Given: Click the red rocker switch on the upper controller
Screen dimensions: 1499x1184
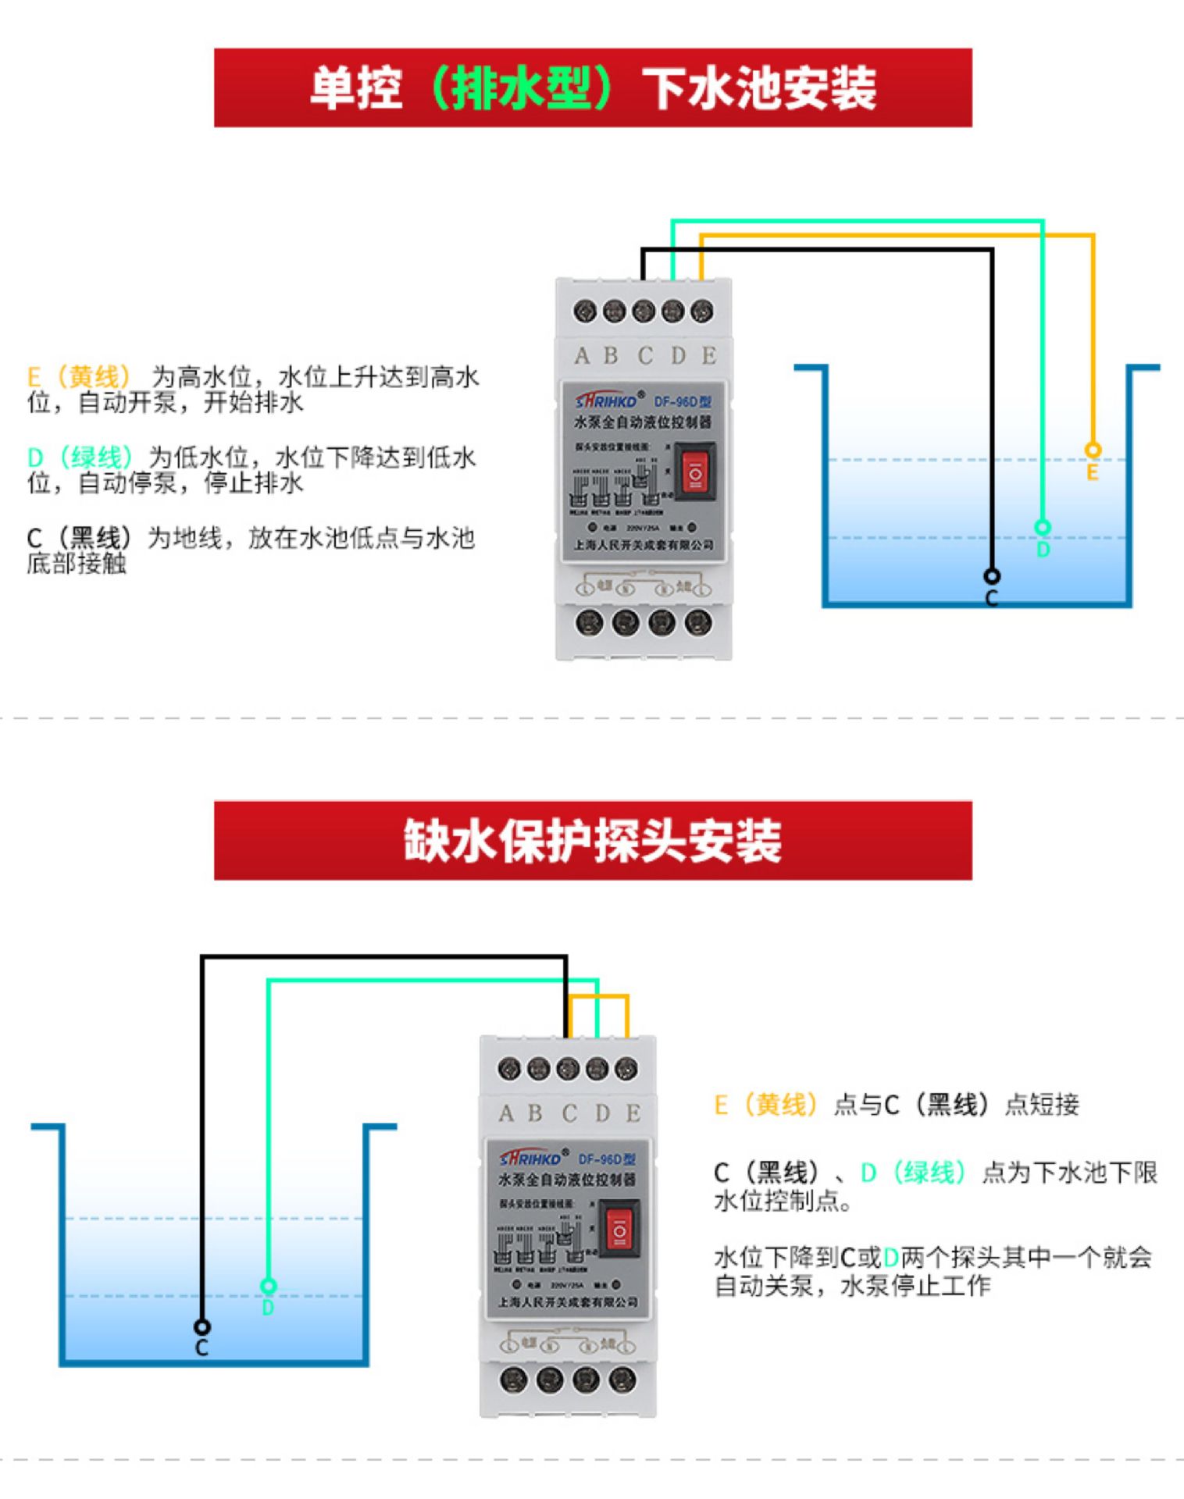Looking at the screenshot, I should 694,471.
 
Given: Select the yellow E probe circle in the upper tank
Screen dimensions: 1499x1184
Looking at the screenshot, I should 1093,450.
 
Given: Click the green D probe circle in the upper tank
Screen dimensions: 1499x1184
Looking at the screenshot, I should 1042,527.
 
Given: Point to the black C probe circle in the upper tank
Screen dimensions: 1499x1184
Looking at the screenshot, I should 991,576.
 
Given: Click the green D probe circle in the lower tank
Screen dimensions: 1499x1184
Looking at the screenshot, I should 268,1285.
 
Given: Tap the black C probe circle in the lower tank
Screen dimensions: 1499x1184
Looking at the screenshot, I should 201,1326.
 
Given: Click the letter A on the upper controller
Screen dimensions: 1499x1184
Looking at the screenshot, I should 582,356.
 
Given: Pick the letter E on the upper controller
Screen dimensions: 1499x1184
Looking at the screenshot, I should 708,356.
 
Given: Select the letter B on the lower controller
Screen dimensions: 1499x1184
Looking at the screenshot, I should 535,1113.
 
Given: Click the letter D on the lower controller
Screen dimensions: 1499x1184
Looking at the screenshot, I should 602,1113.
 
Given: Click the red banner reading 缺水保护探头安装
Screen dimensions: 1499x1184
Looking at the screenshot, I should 593,840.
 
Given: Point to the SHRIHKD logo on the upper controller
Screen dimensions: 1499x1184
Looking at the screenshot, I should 608,401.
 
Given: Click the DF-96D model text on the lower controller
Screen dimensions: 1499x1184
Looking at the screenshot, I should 606,1159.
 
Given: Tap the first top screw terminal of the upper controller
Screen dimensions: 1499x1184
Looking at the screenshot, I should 584,312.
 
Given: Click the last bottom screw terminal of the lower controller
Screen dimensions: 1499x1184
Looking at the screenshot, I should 622,1380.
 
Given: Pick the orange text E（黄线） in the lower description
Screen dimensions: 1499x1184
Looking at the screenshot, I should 766,1104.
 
